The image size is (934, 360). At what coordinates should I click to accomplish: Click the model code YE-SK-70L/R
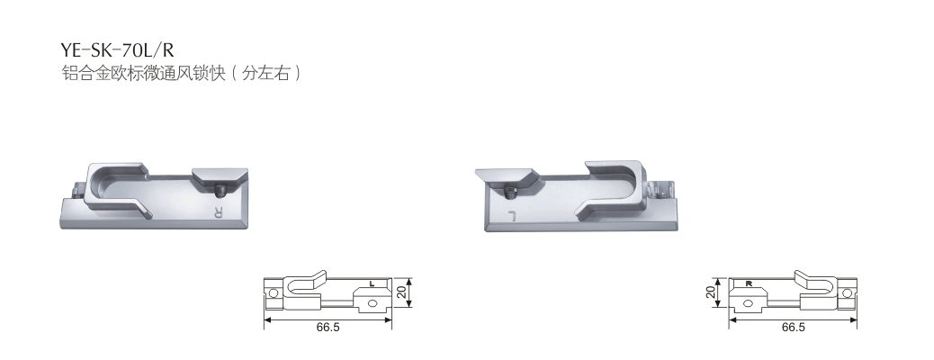tap(118, 49)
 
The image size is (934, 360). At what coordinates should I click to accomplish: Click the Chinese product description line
tap(181, 73)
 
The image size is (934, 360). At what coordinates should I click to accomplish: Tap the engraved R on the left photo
tap(218, 211)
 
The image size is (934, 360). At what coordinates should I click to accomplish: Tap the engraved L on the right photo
tap(510, 214)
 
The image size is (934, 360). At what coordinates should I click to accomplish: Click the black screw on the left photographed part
tap(218, 192)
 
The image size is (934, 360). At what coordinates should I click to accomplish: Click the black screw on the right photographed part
tap(510, 193)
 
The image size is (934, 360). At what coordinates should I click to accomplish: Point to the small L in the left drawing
tap(372, 283)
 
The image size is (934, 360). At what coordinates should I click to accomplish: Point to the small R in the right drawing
tap(748, 283)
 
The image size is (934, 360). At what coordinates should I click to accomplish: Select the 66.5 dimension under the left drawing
tap(328, 328)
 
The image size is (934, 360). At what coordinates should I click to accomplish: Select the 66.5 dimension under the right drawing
tap(793, 328)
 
